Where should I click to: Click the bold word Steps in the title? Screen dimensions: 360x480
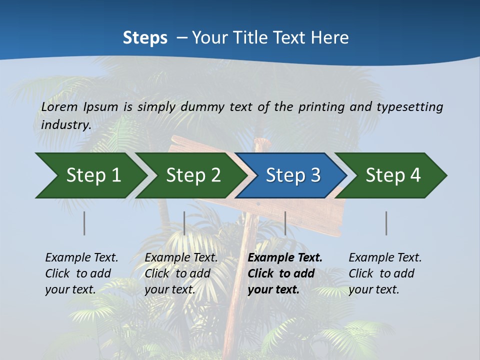click(x=145, y=38)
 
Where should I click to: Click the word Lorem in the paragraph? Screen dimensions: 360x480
click(x=59, y=106)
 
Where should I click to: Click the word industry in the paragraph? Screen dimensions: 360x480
click(x=65, y=124)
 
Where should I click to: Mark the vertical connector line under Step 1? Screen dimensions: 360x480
click(x=84, y=223)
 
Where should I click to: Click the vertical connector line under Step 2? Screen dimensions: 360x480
click(x=184, y=223)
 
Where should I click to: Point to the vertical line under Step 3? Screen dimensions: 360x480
click(x=285, y=223)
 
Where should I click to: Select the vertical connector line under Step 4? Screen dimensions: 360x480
click(x=386, y=223)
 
